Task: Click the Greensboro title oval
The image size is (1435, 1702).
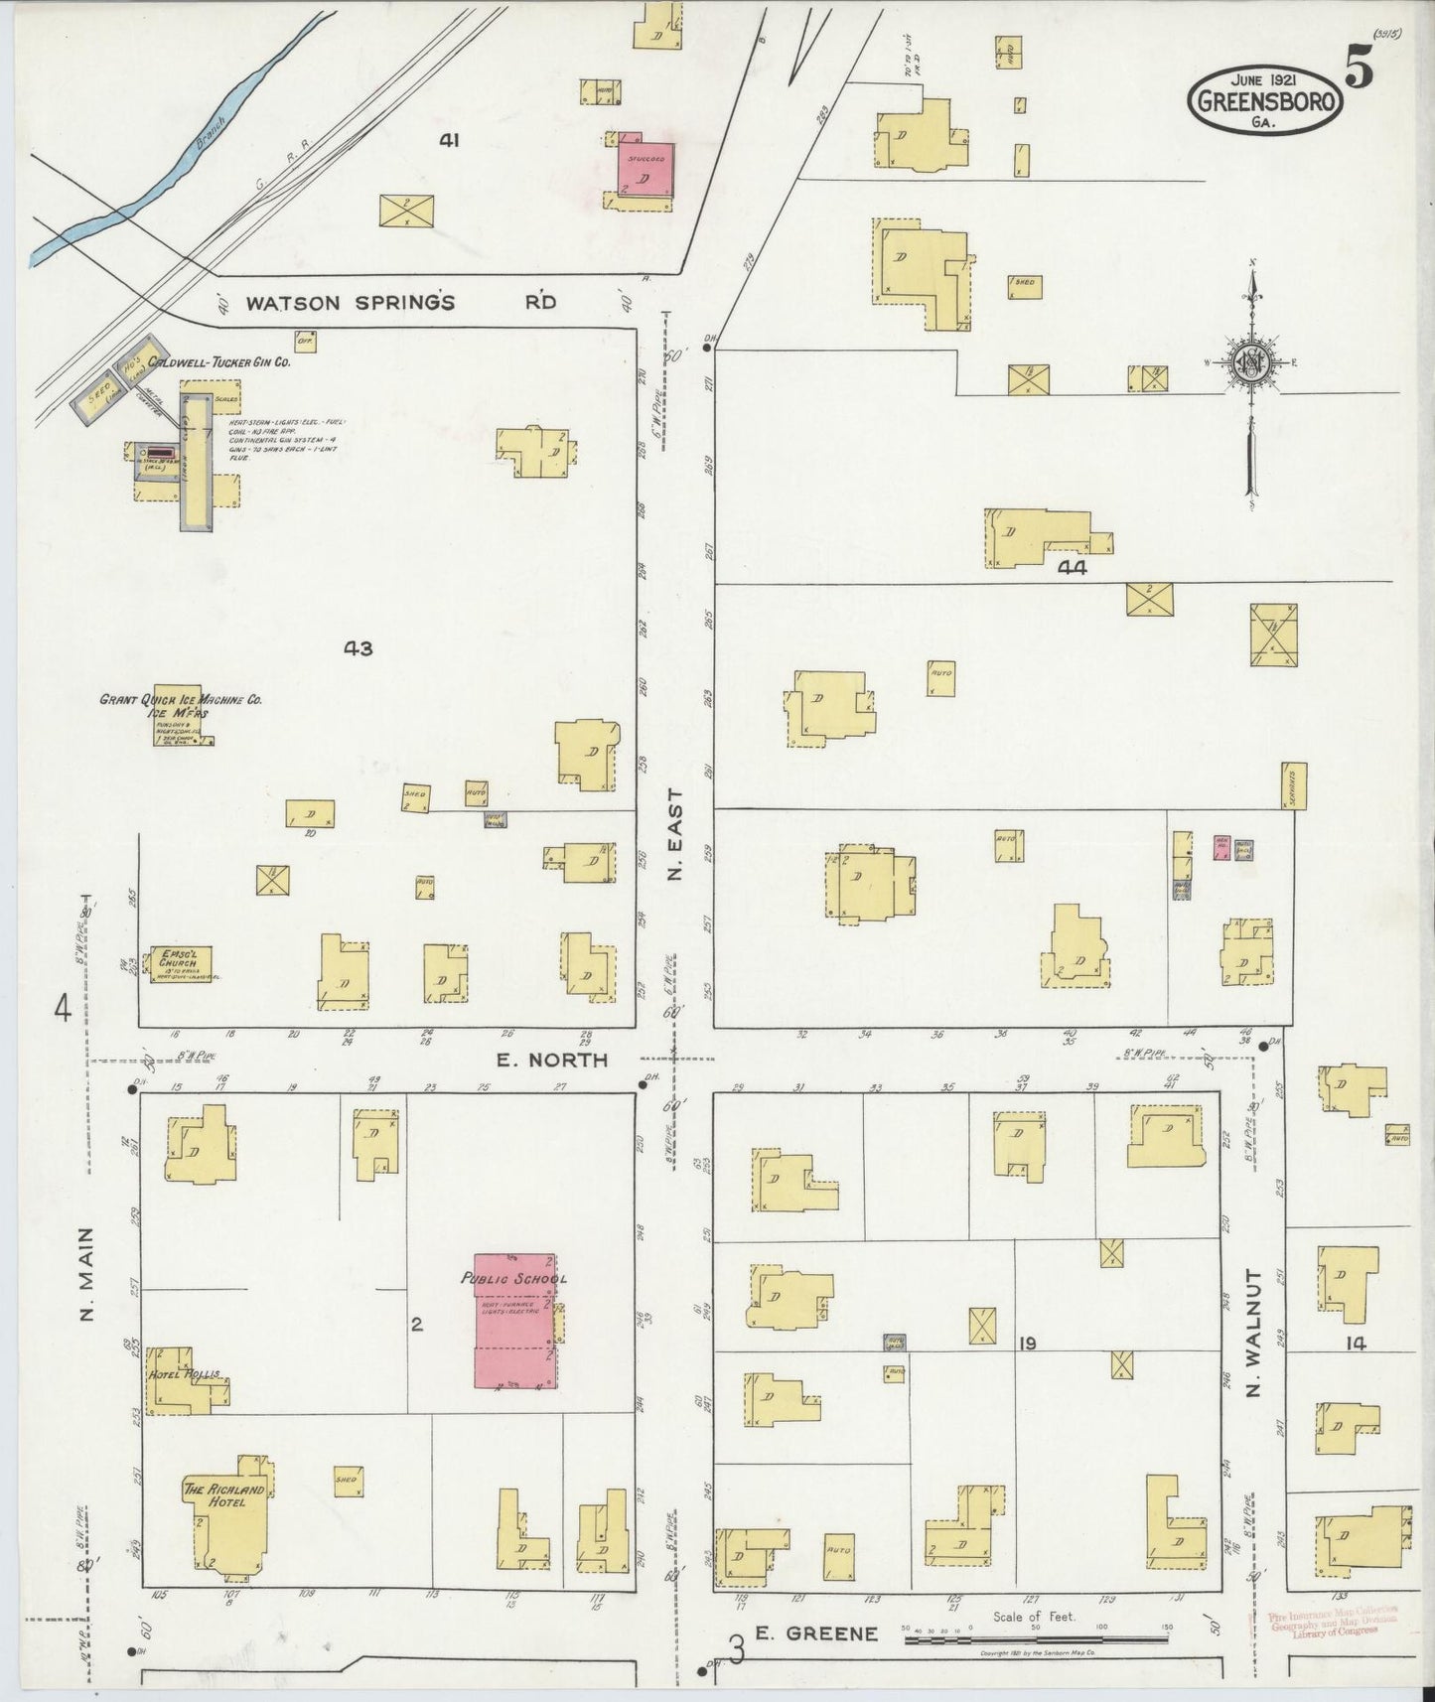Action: click(1266, 100)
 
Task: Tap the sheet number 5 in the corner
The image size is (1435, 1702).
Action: click(1360, 70)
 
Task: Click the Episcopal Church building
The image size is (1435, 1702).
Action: click(180, 962)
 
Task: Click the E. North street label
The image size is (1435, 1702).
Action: click(552, 1060)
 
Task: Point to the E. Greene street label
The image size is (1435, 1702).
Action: click(816, 1632)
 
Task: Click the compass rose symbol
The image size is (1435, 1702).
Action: click(1250, 364)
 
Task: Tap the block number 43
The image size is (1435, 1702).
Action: click(358, 648)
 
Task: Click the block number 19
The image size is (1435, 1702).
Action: click(1027, 1344)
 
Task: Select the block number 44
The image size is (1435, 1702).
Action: click(1073, 568)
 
